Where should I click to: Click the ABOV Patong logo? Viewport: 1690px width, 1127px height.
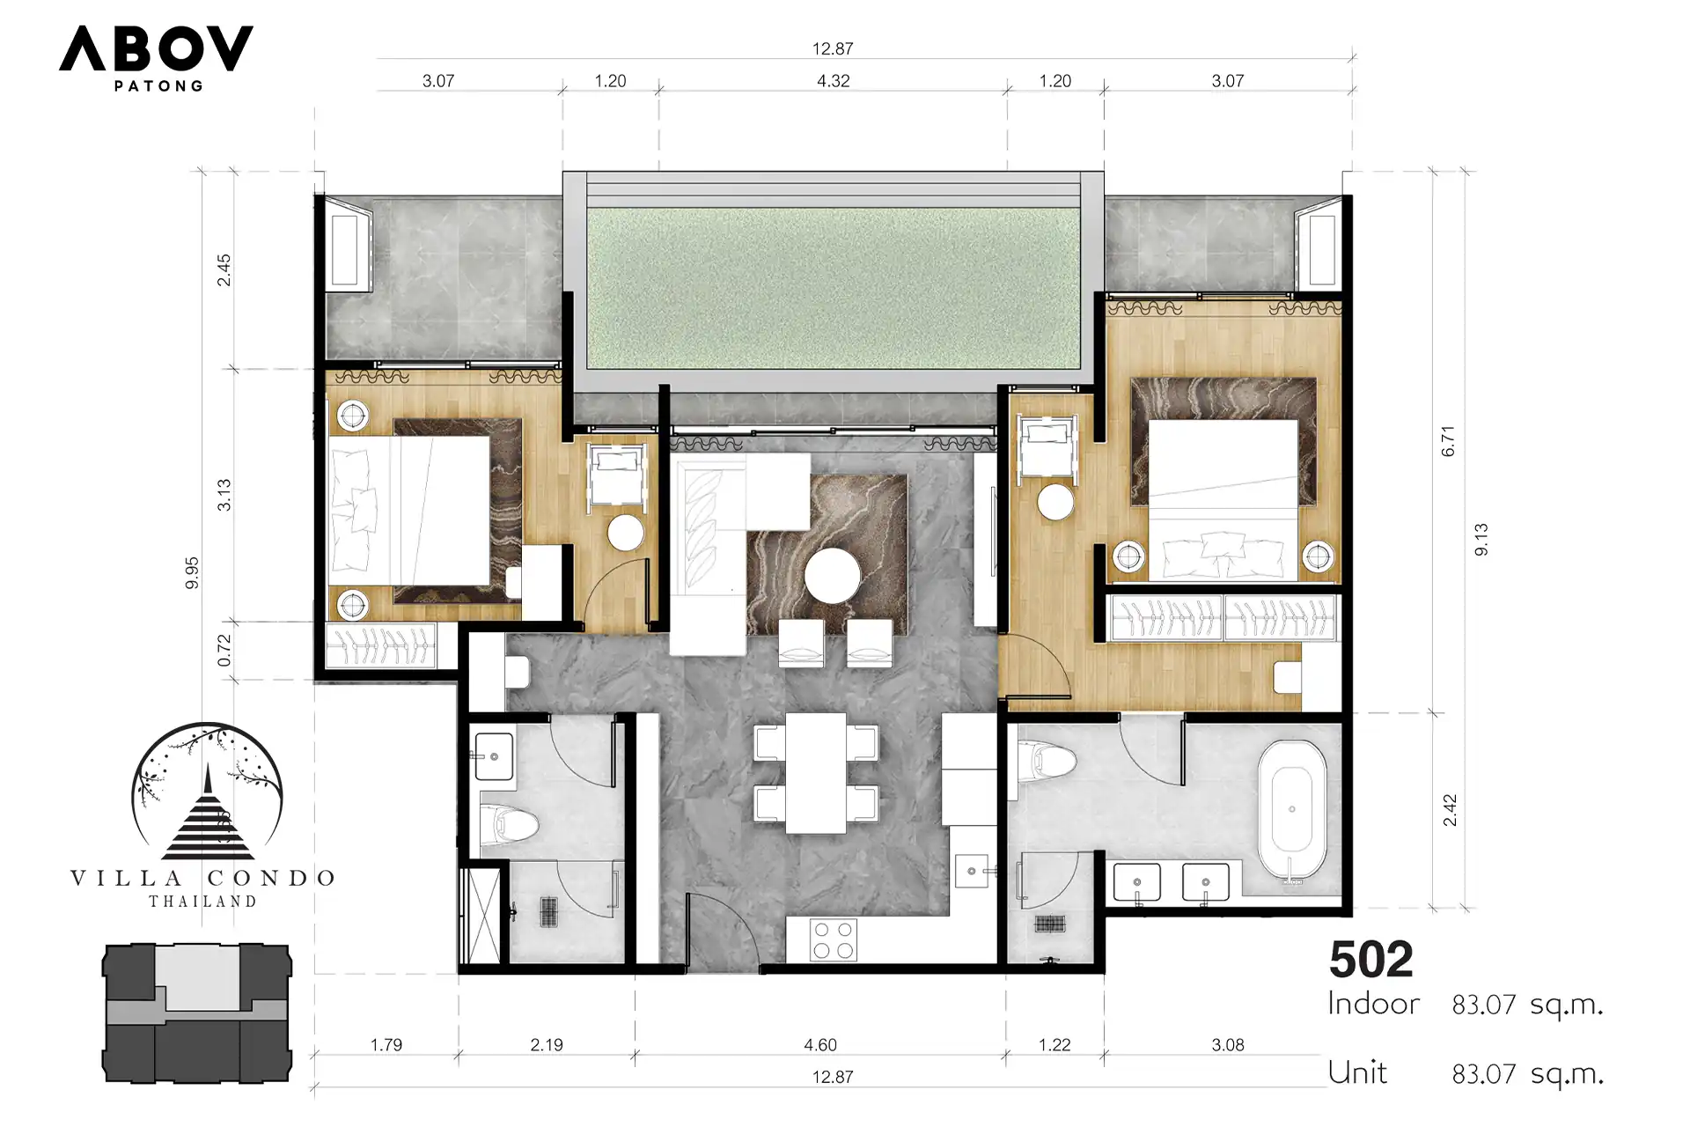tap(157, 58)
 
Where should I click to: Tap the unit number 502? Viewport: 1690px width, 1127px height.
tap(1370, 960)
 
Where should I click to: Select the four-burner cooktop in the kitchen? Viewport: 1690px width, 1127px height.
tap(833, 939)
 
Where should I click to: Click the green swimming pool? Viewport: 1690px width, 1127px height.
tap(833, 288)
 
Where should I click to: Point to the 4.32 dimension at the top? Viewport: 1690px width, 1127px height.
tap(833, 81)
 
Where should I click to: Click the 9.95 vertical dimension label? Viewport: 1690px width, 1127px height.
tap(192, 573)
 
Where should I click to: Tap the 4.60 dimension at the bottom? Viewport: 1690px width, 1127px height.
tap(820, 1045)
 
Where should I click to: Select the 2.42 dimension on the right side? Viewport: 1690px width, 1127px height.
tap(1450, 810)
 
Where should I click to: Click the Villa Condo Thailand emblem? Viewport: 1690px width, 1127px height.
tap(204, 815)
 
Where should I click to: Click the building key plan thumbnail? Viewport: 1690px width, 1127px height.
tap(197, 1013)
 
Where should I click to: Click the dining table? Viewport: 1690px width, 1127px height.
tap(816, 773)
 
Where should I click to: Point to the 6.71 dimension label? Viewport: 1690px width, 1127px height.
tap(1448, 441)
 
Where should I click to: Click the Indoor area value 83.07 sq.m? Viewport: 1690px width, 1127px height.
tap(1527, 1005)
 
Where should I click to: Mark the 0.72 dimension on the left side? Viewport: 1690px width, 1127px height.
tap(224, 650)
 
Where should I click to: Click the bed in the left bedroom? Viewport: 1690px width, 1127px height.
tap(409, 511)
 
